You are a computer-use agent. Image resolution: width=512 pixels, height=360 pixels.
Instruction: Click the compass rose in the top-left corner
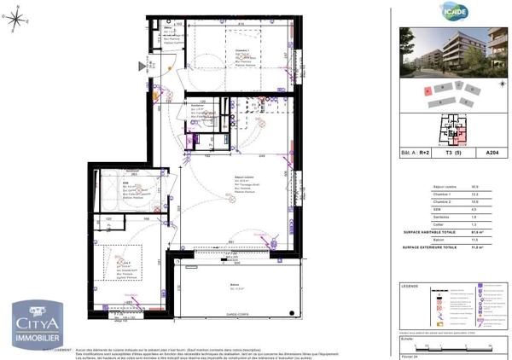pyautogui.click(x=18, y=23)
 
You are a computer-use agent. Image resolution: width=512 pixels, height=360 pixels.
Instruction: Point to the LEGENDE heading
pyautogui.click(x=411, y=286)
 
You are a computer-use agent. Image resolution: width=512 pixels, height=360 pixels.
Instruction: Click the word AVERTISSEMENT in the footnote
pyautogui.click(x=58, y=350)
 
